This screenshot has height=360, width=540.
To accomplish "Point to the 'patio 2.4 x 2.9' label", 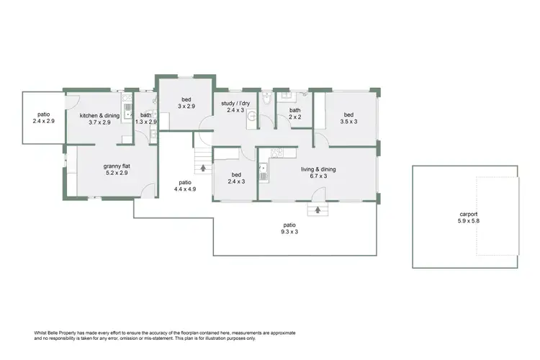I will (43, 118).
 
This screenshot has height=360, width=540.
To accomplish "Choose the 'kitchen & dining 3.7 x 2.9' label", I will (99, 119).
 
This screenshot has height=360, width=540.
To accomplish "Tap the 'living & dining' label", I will (318, 170).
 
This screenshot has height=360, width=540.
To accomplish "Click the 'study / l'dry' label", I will (236, 107).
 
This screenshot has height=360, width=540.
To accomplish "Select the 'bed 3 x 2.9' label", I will (186, 102).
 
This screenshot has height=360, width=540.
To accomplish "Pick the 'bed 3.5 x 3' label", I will (348, 118).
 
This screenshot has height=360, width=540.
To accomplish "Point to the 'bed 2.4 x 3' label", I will (236, 178).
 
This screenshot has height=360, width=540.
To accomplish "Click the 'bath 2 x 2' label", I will (295, 114).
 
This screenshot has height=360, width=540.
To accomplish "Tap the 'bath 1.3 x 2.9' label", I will (146, 119).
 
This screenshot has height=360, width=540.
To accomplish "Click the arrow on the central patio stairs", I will (203, 168).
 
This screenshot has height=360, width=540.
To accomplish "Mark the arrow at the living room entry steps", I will (316, 211).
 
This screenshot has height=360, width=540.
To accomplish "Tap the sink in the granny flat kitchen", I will (127, 109).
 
